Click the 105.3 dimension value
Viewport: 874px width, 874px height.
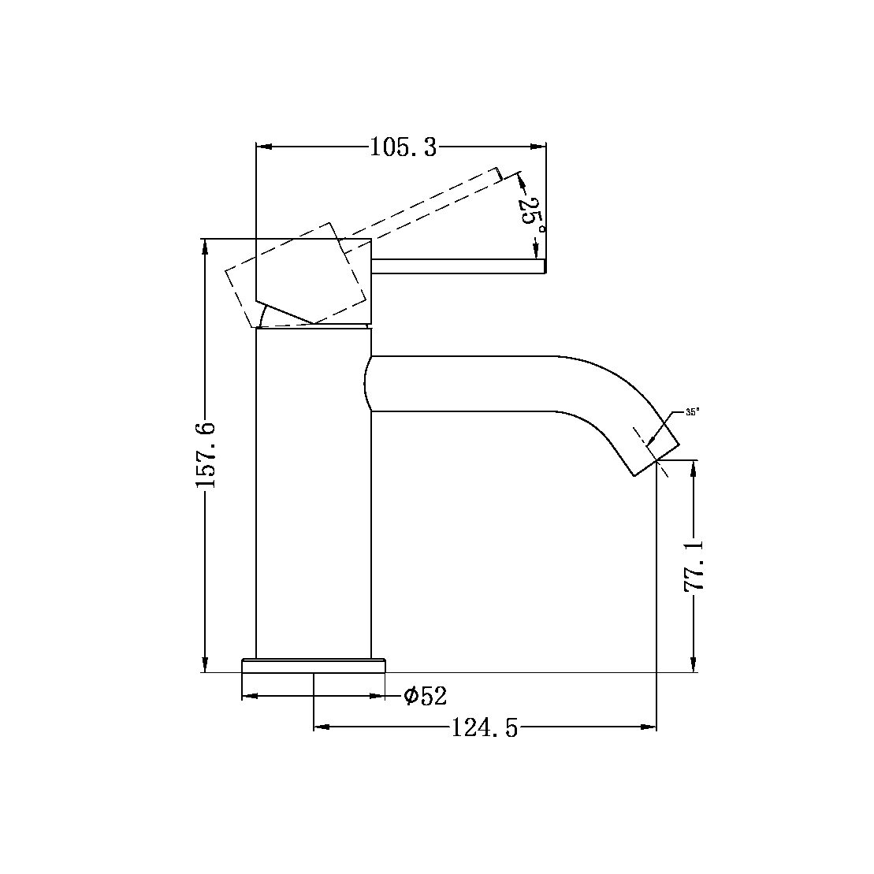pos(403,147)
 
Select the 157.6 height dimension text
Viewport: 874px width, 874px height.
pos(206,454)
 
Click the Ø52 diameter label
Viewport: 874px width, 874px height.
pos(425,696)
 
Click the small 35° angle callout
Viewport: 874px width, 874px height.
pos(692,411)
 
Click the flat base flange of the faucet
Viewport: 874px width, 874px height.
pos(314,665)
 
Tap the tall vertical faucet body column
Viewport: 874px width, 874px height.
pos(314,497)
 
